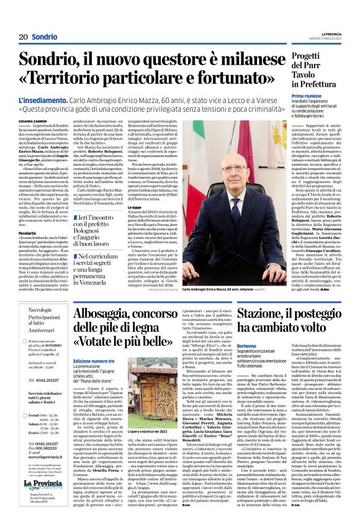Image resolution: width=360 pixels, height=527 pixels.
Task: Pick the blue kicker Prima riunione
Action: pyautogui.click(x=302, y=98)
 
